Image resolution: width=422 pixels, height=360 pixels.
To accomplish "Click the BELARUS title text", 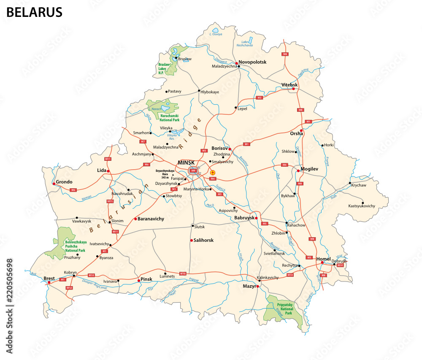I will point(34,12).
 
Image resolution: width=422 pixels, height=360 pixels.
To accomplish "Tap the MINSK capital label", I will point(187,162).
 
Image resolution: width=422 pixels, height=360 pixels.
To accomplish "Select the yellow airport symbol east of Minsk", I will point(213,173).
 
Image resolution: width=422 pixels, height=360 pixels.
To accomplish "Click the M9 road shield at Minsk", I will point(193,171).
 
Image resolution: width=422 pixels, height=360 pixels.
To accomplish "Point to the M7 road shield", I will point(143,141).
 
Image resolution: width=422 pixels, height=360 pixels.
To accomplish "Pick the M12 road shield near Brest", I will point(69,287).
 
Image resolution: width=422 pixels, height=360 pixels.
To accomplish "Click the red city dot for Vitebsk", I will point(293,89).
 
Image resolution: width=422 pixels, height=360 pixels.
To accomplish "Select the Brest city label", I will point(49,278).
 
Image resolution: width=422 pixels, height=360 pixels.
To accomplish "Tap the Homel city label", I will point(323,259).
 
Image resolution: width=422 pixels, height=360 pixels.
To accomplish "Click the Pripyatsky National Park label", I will point(285,309).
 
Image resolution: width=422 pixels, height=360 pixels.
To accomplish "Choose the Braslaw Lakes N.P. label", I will point(163,68).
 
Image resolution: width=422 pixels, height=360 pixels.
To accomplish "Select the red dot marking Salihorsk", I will point(191,241).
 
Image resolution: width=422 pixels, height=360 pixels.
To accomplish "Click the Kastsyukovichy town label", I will point(362,206).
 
